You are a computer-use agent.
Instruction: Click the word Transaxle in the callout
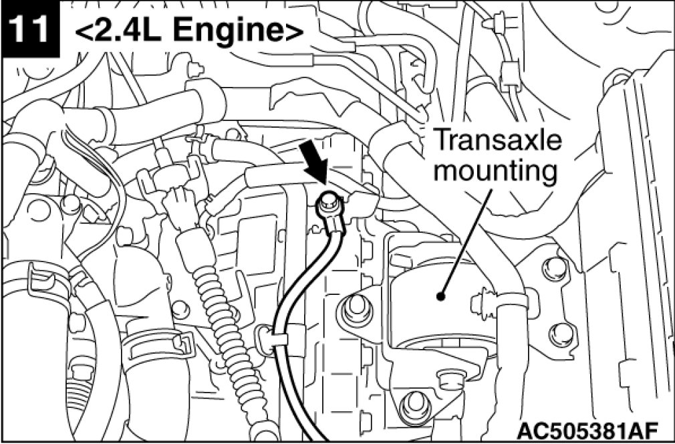[498, 141]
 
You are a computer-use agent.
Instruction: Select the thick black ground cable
[292, 308]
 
